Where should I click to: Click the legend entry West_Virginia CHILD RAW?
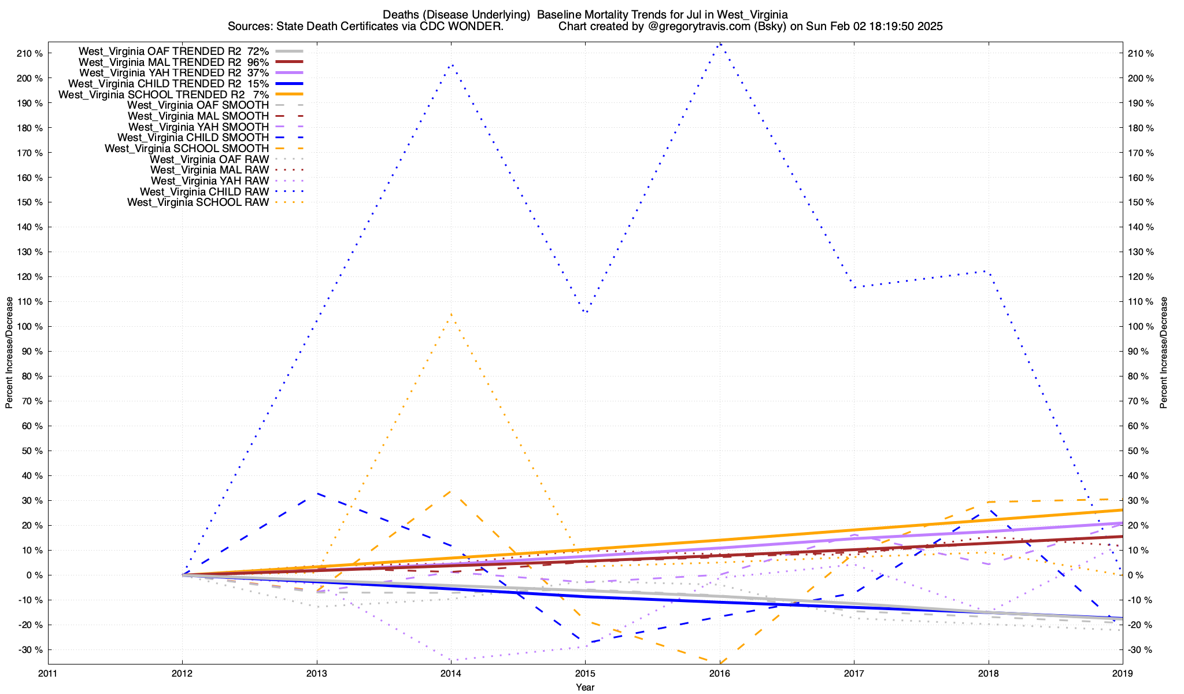pos(204,191)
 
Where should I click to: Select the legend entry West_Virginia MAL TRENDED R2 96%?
pos(173,62)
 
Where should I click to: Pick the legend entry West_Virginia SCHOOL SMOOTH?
pos(186,149)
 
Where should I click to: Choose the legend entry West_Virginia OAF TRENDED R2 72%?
pos(173,51)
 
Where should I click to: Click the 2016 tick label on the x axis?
pos(720,673)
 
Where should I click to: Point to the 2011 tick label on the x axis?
pos(48,673)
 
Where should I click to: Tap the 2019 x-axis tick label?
pos(1123,673)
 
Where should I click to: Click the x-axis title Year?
pos(585,687)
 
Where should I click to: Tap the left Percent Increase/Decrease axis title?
pos(9,353)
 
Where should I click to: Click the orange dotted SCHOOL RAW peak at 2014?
pos(451,314)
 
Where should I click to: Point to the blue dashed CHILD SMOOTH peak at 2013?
pos(317,493)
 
